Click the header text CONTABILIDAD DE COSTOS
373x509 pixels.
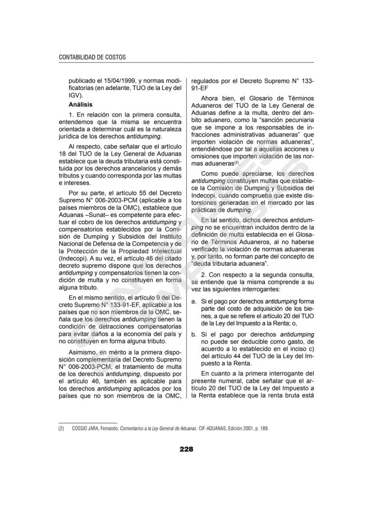pos(92,57)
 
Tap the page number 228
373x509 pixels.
pos(186,449)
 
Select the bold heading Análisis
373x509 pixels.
pos(80,104)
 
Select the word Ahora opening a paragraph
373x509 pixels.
pos(210,98)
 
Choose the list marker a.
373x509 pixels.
pos(193,301)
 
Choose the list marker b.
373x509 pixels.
pos(193,335)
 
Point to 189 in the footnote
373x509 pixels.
pos(264,429)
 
